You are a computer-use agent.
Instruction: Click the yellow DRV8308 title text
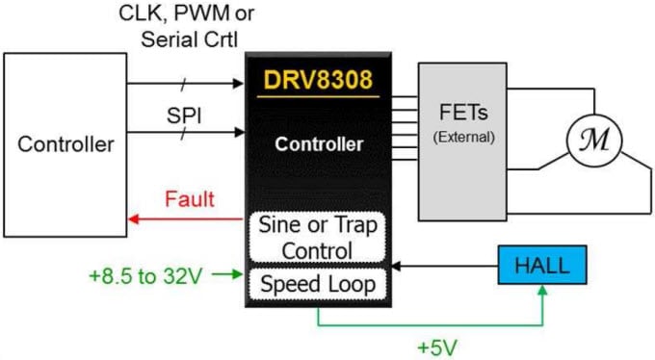pyautogui.click(x=317, y=80)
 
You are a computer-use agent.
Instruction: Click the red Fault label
pyautogui.click(x=190, y=200)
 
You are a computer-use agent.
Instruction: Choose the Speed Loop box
pyautogui.click(x=318, y=285)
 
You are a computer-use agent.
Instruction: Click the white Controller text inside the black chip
pyautogui.click(x=318, y=145)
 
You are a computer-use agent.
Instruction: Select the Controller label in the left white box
pyautogui.click(x=65, y=145)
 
